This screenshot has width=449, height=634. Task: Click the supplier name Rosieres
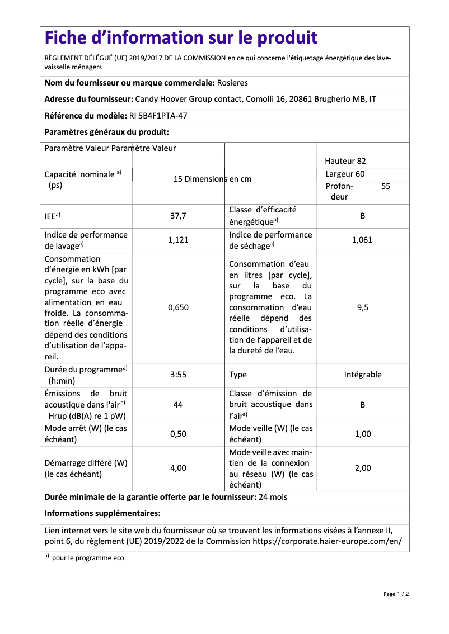[x=232, y=83]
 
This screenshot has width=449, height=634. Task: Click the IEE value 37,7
[x=178, y=216]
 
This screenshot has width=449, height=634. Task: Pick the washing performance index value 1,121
[x=178, y=240]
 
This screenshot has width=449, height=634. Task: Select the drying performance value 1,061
[x=362, y=240]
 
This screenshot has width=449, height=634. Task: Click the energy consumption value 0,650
[x=178, y=307]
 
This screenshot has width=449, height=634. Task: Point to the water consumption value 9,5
[x=362, y=307]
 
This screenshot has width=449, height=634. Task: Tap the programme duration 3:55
[x=178, y=375]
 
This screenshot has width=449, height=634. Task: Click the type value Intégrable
[x=362, y=375]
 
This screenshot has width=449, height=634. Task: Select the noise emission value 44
[x=178, y=404]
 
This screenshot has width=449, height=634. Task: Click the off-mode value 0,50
[x=178, y=434]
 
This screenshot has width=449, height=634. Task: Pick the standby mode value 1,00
[x=362, y=434]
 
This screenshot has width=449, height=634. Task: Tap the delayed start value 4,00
[x=178, y=468]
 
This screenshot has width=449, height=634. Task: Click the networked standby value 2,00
[x=362, y=468]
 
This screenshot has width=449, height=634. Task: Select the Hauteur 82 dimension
[x=345, y=161]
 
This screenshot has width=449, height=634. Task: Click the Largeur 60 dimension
[x=345, y=174]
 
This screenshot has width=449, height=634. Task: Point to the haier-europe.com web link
[x=327, y=542]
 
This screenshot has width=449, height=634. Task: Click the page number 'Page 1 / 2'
[x=396, y=594]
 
